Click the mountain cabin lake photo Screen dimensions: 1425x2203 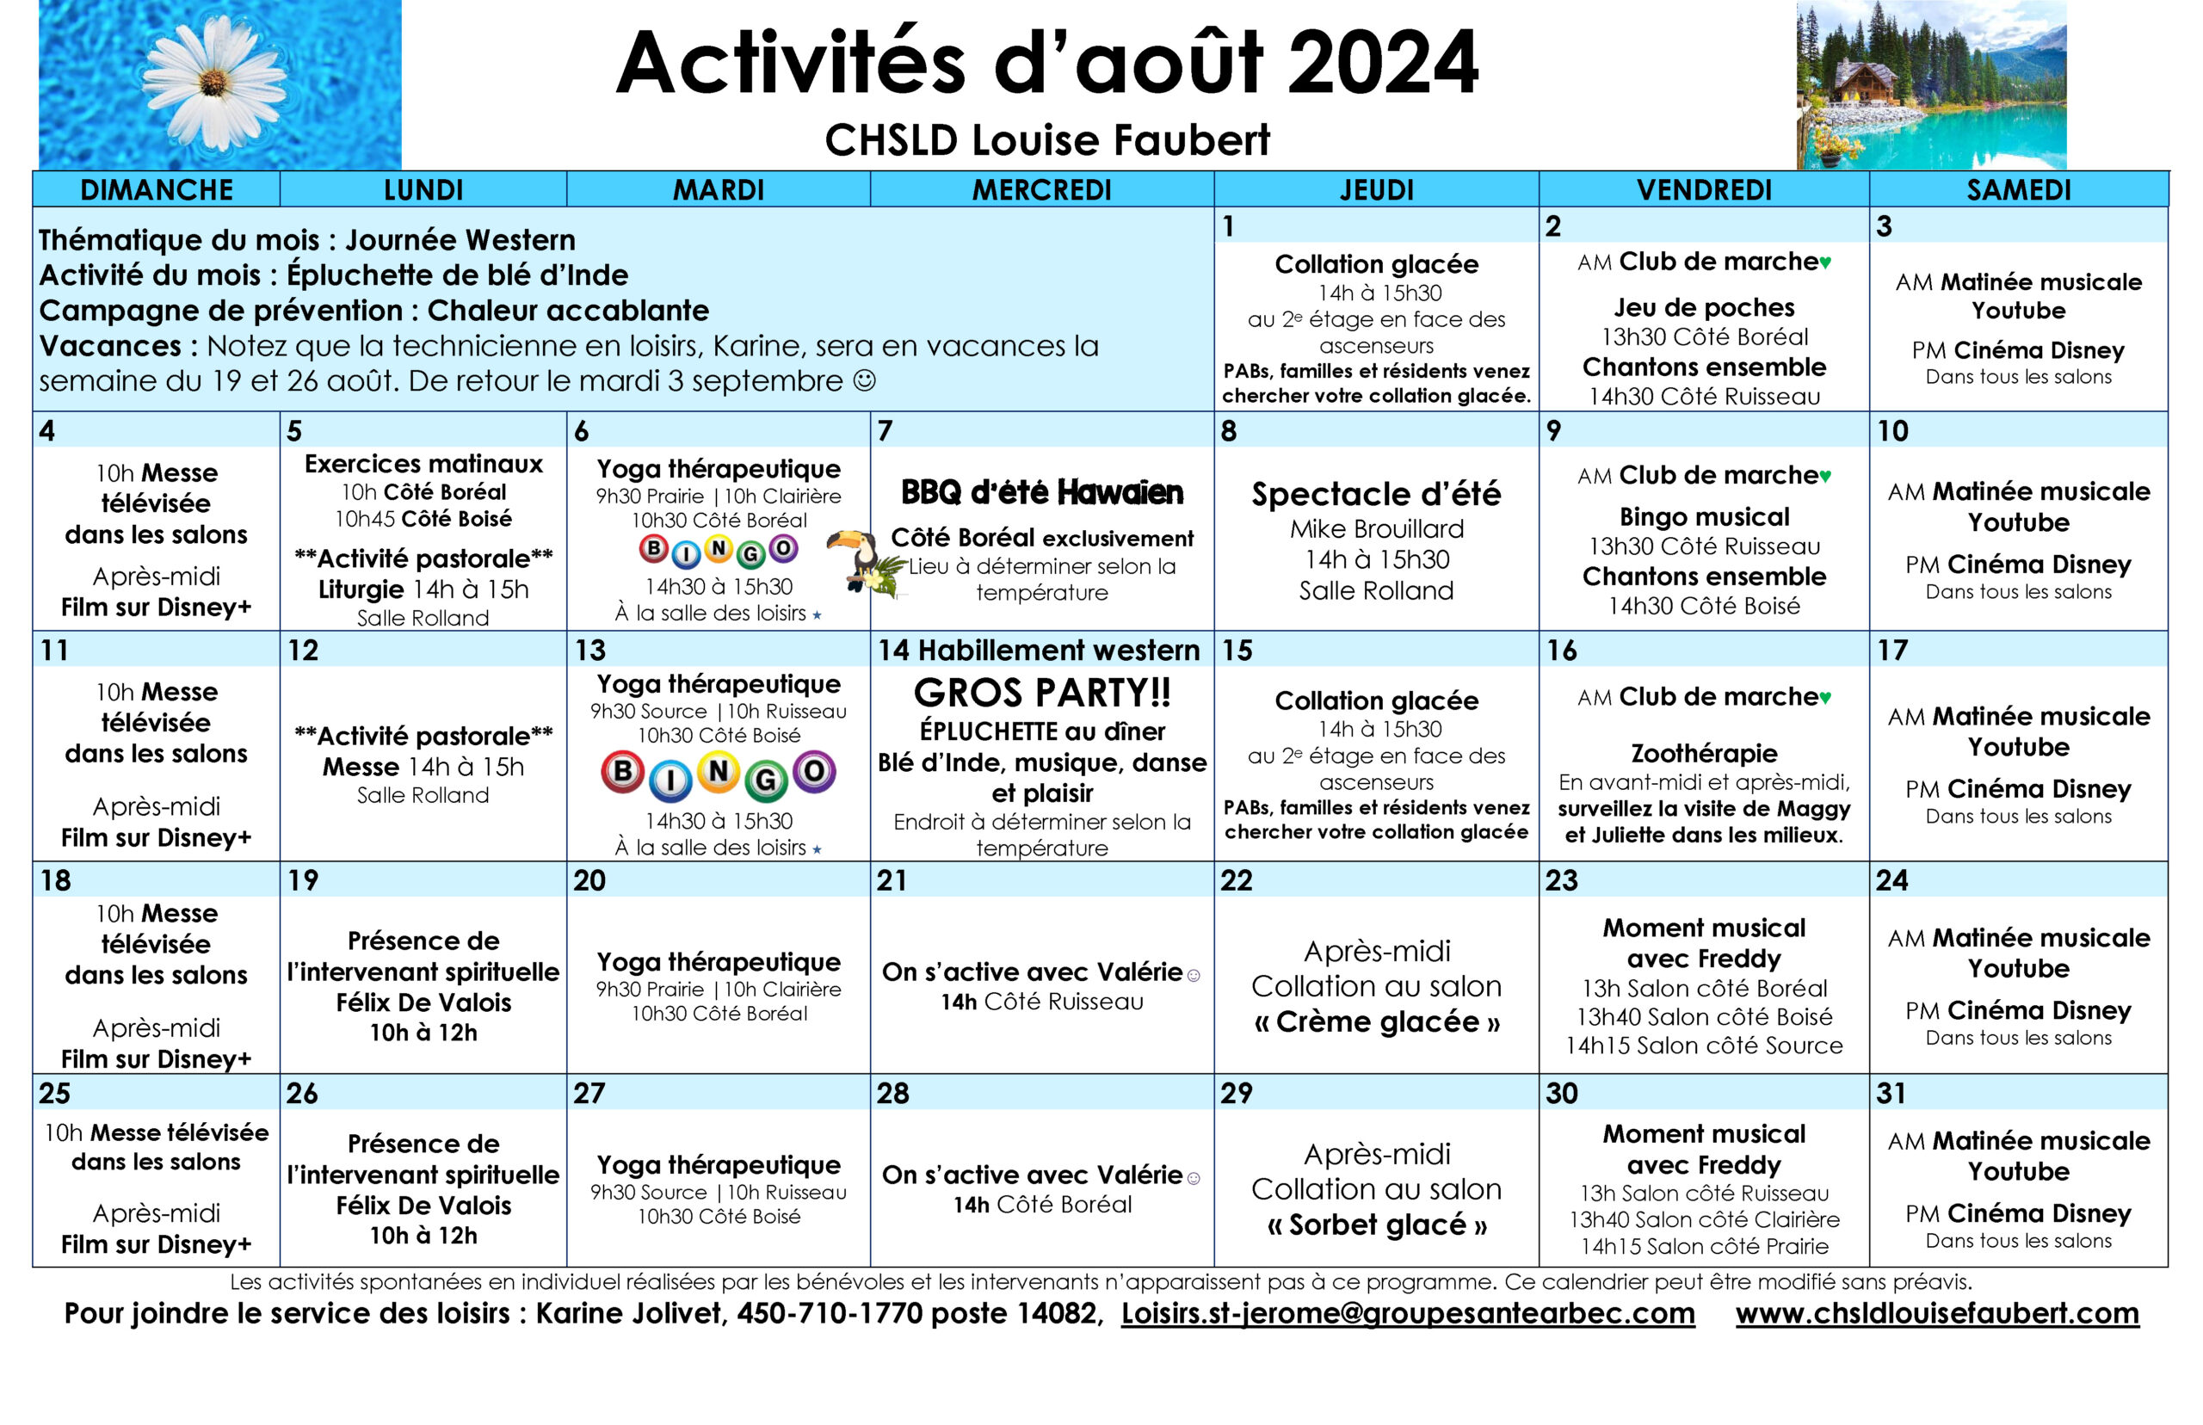(1930, 85)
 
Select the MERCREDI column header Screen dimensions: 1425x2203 (1041, 189)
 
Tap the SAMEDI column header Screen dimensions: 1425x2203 (2018, 189)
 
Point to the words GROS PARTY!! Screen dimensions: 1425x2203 (1042, 693)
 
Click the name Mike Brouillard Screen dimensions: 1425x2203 (1376, 529)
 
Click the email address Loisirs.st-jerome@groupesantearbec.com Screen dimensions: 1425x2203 (1406, 1313)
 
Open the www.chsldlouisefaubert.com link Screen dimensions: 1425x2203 (1936, 1313)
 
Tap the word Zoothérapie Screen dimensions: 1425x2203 (1703, 753)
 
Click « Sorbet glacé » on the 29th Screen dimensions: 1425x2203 (1376, 1225)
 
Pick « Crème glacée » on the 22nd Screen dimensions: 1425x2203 (1376, 1021)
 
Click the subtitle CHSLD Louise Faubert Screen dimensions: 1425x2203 (1046, 140)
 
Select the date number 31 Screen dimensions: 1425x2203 (1891, 1094)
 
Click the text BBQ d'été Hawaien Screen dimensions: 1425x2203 (1042, 493)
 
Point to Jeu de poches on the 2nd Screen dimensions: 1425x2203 (1703, 307)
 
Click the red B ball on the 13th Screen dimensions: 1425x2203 (623, 772)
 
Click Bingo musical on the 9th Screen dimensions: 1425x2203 (1703, 516)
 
